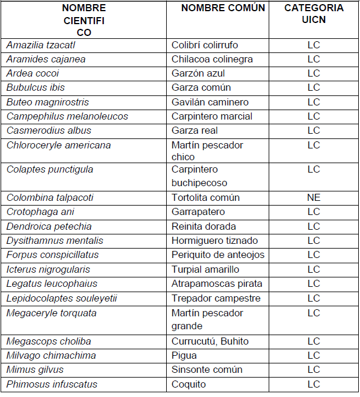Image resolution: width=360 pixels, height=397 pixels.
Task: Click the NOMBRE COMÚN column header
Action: tap(223, 8)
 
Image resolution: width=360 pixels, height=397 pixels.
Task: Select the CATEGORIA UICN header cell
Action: tap(313, 14)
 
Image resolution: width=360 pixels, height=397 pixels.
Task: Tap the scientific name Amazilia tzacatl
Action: tap(41, 45)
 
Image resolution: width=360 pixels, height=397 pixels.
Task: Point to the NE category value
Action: tap(313, 197)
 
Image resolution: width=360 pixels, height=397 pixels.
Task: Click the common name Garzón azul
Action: tap(198, 74)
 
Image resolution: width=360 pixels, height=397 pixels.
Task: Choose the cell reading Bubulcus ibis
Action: tap(35, 88)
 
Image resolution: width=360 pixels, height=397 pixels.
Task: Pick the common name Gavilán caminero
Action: tap(210, 102)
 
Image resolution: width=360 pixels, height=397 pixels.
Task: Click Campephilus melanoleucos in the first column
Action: tap(67, 116)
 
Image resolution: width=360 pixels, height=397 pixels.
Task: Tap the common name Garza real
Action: tap(194, 130)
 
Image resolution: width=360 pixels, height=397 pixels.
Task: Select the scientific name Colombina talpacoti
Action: tap(50, 197)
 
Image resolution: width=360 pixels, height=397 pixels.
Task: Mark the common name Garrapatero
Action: tap(198, 211)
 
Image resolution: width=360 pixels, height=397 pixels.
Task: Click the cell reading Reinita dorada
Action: tap(204, 226)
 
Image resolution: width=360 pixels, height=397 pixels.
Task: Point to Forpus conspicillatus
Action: tap(52, 254)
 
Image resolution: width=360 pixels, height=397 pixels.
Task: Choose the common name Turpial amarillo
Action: tap(205, 269)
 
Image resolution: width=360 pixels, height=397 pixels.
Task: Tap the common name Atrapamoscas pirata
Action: tap(217, 283)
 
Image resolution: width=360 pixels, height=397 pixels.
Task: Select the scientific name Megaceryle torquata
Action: tap(51, 313)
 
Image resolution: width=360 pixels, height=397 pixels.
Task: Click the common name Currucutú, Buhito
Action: tap(210, 341)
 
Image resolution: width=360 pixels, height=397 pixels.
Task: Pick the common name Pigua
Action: tap(184, 355)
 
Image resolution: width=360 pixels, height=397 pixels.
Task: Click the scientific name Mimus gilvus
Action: tap(35, 369)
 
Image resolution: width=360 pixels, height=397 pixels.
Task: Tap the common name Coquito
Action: tap(189, 384)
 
